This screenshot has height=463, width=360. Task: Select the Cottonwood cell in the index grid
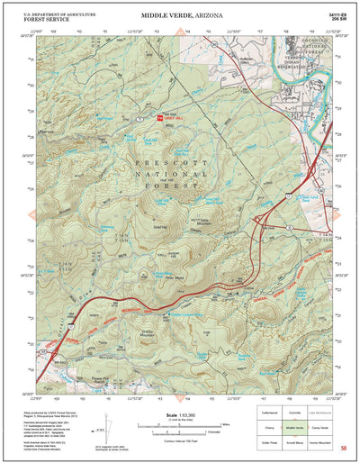(269, 412)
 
